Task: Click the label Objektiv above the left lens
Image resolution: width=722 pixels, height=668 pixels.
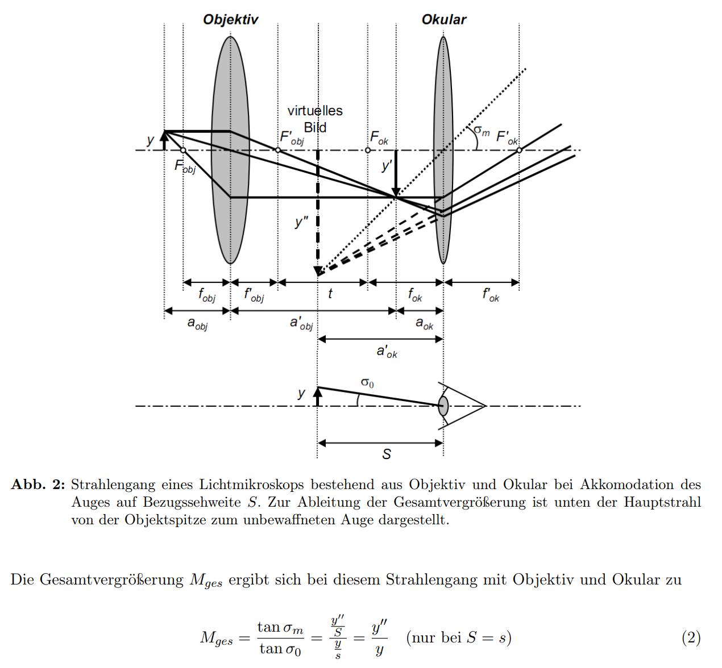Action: tap(230, 20)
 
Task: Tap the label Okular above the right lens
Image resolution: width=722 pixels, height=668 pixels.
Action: tap(443, 20)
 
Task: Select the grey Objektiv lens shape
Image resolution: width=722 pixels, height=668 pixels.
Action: tap(230, 150)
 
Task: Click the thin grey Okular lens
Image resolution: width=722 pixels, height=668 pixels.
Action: tap(443, 150)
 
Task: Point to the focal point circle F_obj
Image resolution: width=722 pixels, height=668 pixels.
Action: tap(183, 151)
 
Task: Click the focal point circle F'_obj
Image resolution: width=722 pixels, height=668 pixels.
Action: tap(278, 150)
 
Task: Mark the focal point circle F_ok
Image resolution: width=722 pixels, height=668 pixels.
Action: tap(368, 150)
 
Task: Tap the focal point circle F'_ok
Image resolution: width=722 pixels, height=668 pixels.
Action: tap(519, 150)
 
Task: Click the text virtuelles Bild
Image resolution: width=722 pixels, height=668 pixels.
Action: tap(315, 119)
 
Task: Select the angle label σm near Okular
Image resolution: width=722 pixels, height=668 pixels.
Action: tap(481, 131)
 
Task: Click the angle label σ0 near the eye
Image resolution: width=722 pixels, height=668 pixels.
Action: tap(367, 382)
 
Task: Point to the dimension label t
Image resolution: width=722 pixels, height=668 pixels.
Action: tap(330, 293)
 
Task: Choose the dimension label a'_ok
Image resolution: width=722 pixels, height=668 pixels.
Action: tap(387, 352)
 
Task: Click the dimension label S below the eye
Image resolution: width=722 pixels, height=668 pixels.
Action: tap(387, 454)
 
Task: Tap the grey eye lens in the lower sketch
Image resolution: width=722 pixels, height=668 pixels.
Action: tap(443, 406)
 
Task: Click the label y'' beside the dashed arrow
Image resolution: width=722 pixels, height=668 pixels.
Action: tap(301, 221)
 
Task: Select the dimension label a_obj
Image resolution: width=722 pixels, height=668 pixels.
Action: tap(197, 323)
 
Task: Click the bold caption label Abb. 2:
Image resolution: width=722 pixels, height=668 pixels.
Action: tap(38, 485)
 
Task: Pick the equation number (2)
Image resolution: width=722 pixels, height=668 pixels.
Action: tap(691, 637)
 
